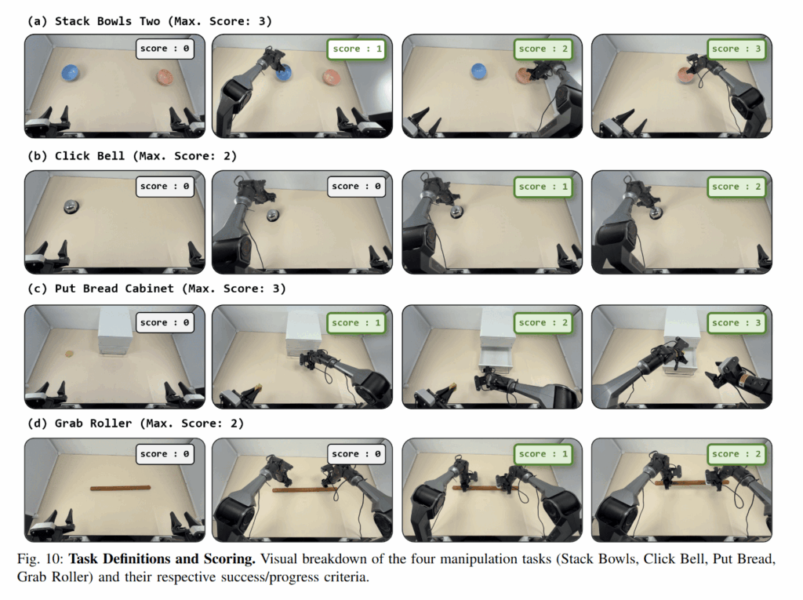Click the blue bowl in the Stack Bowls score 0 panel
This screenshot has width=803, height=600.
70,73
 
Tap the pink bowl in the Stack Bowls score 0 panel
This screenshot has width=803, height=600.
165,77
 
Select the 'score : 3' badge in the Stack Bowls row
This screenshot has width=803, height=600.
736,49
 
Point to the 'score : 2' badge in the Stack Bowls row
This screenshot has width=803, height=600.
543,49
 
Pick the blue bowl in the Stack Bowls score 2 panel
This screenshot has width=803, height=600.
478,71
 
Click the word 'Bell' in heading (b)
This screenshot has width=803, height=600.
111,156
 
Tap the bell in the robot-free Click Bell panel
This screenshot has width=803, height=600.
71,206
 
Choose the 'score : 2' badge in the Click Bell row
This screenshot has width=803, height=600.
736,187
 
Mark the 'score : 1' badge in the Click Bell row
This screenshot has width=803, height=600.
543,187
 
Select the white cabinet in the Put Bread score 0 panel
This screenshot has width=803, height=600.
115,330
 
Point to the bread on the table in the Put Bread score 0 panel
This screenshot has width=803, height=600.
69,353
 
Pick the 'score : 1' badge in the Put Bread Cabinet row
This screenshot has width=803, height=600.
356,323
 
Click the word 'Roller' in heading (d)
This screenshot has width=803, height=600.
111,424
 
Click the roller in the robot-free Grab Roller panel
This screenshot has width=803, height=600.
120,488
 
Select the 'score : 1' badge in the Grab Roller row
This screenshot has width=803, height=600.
543,454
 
